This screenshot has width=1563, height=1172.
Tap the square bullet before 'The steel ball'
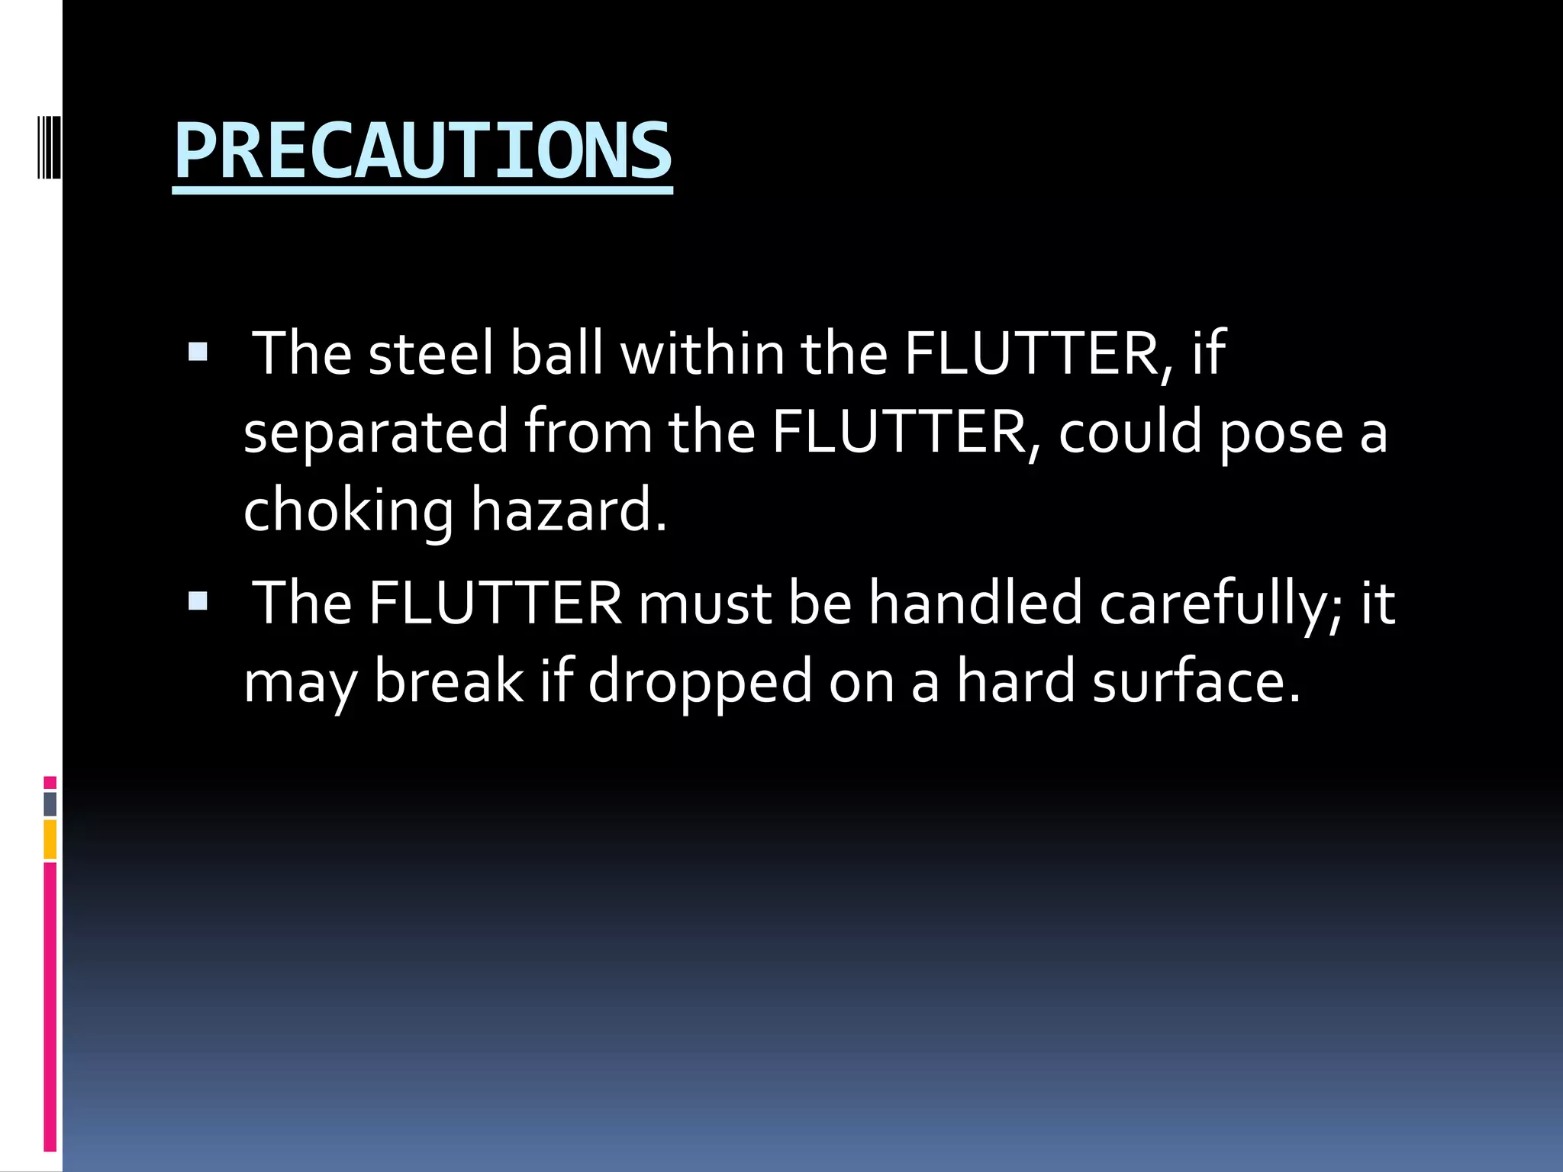point(198,352)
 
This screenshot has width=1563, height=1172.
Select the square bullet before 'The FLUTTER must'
point(198,601)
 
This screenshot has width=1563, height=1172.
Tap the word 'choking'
point(348,510)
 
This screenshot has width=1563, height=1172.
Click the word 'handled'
point(976,603)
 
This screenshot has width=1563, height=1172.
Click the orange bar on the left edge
point(50,839)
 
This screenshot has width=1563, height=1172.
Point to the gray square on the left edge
point(50,803)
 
